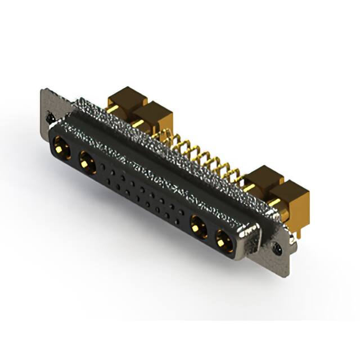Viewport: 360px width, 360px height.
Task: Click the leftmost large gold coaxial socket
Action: [x=61, y=150]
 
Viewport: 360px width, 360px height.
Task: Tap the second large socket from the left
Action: [x=87, y=164]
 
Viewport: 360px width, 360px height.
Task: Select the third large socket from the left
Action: [x=197, y=228]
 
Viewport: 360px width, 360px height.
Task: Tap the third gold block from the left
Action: [x=262, y=180]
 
